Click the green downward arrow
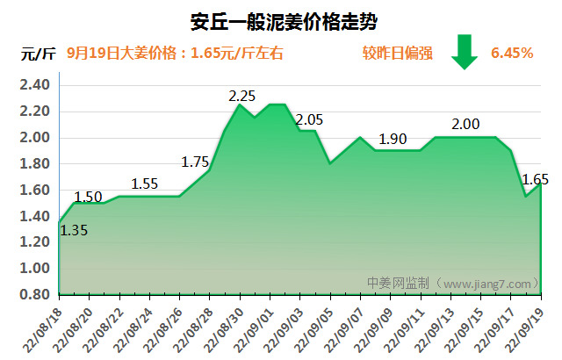click(x=464, y=52)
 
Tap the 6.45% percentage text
click(x=512, y=53)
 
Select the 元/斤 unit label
click(x=38, y=54)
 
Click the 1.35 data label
click(x=74, y=231)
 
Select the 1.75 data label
click(x=195, y=162)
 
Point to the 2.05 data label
click(x=310, y=119)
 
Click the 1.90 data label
click(x=393, y=139)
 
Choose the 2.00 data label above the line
click(x=465, y=125)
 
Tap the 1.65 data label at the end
click(x=535, y=179)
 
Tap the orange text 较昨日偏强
click(x=398, y=53)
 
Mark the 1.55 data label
click(x=144, y=184)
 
